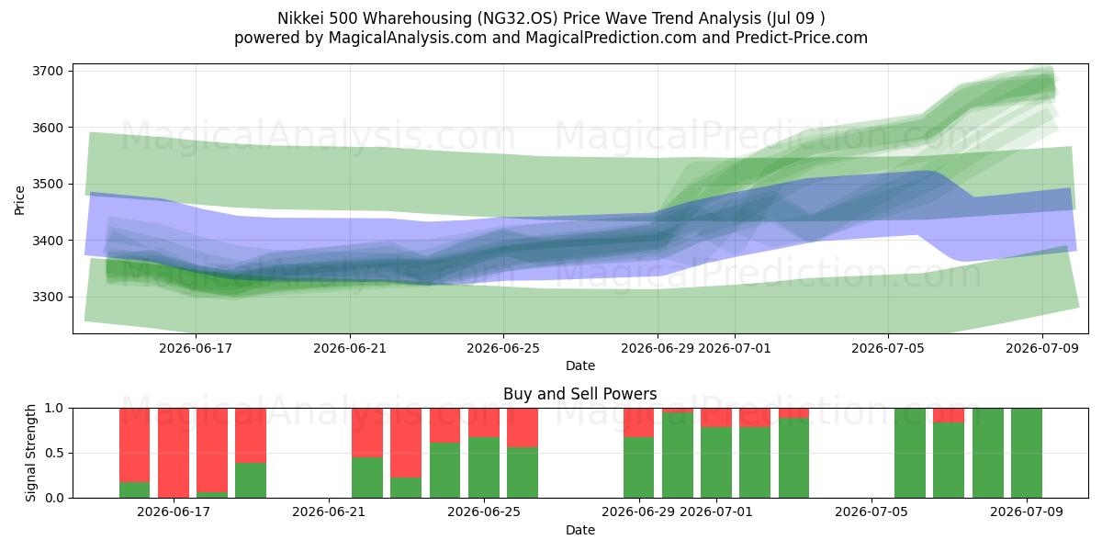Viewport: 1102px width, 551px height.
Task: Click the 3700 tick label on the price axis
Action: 48,72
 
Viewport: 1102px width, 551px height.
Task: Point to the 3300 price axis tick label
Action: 48,298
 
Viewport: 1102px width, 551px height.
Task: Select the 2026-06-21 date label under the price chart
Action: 350,348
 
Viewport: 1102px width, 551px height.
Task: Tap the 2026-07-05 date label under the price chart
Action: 888,348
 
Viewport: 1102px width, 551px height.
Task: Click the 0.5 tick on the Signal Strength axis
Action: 54,453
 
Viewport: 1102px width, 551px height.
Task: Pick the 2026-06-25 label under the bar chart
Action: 484,512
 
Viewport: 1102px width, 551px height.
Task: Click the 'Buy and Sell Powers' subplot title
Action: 580,394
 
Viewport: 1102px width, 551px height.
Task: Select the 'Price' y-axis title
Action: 19,200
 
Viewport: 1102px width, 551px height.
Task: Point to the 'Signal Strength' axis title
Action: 30,453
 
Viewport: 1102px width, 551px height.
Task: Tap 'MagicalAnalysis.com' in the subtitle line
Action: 408,38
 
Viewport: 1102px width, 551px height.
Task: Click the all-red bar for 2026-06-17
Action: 174,453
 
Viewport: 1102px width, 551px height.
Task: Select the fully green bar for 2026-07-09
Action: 1027,453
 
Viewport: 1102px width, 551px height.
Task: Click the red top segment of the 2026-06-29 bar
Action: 638,422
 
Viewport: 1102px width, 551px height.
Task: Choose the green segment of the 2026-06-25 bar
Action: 484,467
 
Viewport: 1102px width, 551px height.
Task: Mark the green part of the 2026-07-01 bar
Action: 716,463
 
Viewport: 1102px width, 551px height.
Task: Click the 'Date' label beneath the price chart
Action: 580,365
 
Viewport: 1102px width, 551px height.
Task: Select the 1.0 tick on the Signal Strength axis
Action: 54,409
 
